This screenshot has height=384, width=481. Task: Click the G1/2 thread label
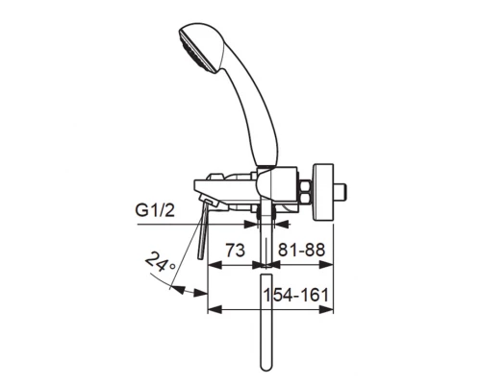point(155,210)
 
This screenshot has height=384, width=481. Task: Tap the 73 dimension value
point(236,251)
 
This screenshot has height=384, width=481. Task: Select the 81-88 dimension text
point(301,250)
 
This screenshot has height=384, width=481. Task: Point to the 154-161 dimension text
point(296,295)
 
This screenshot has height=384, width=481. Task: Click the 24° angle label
point(161,261)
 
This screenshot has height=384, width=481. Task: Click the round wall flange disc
point(323,193)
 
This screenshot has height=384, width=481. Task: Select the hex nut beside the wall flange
point(305,192)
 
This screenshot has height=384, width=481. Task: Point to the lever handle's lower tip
point(201,258)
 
